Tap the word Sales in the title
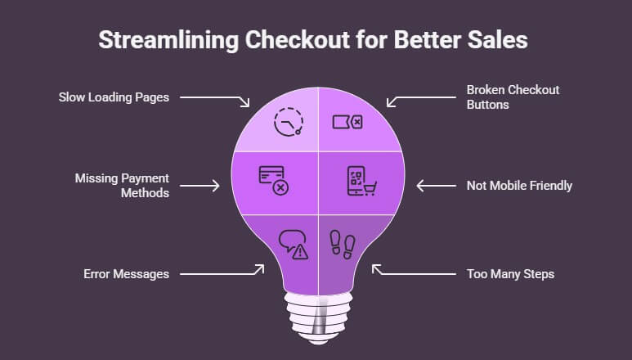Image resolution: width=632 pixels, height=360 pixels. (x=504, y=41)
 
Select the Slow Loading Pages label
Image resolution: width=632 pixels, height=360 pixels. (x=114, y=97)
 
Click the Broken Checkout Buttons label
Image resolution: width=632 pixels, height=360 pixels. (x=513, y=97)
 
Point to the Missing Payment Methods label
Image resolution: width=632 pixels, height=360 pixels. (x=123, y=185)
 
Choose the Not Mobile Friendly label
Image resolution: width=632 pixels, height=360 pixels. (x=520, y=186)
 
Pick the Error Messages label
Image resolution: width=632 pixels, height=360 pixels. (x=125, y=274)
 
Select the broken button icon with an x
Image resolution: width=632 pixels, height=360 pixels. (x=347, y=122)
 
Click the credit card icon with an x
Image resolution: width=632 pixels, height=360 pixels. (x=273, y=179)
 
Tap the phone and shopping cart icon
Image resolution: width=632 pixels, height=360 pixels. (x=360, y=182)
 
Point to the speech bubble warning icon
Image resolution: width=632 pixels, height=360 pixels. (x=293, y=244)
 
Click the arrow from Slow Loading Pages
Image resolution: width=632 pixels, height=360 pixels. (x=215, y=98)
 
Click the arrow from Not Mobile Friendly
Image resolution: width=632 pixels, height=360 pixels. (x=436, y=186)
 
